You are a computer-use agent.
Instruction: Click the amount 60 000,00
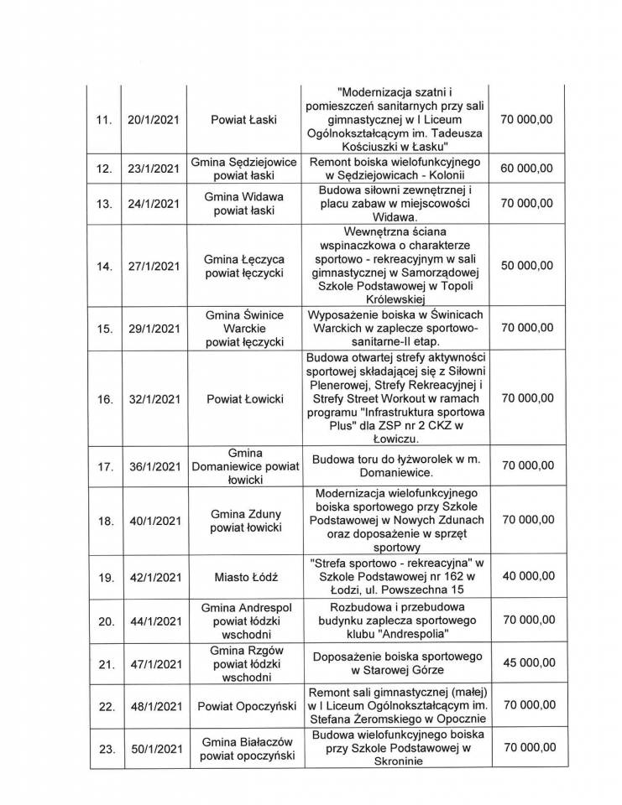[526, 168]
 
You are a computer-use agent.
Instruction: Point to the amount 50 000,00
[526, 266]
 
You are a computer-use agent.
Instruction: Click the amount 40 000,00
[526, 577]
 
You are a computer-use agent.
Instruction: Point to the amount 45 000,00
[526, 662]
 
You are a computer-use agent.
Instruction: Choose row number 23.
[104, 749]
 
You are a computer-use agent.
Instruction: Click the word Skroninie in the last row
[389, 762]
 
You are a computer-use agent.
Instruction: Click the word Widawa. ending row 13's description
[389, 215]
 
